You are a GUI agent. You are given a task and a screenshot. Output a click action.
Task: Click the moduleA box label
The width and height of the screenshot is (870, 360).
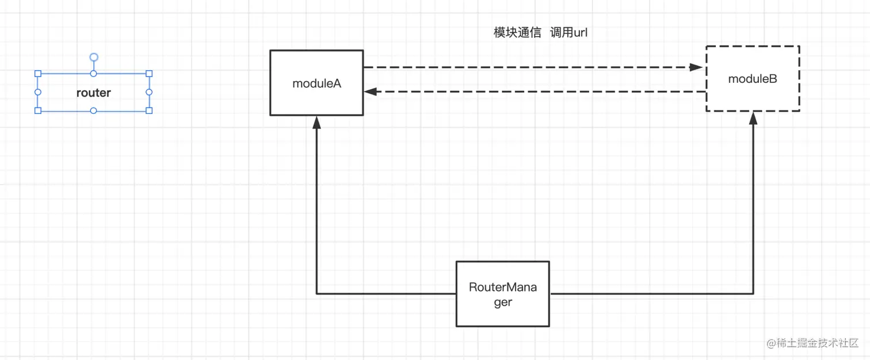click(x=316, y=83)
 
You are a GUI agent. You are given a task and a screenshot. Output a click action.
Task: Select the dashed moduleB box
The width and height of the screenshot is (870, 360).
click(x=753, y=79)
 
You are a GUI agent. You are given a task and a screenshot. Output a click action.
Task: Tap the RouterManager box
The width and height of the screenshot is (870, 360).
click(x=503, y=294)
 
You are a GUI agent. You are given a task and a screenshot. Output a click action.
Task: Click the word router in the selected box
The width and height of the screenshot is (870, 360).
click(x=93, y=93)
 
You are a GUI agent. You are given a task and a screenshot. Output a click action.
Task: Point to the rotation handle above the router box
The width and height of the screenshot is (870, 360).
click(x=94, y=57)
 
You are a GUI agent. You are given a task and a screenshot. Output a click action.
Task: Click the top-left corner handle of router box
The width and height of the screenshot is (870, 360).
click(x=38, y=74)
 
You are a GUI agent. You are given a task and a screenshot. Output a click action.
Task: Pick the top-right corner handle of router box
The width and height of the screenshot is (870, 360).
click(x=149, y=74)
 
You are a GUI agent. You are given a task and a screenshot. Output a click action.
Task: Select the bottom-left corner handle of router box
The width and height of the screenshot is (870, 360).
click(x=38, y=110)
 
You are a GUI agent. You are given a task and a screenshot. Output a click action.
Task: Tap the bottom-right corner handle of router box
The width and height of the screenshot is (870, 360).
click(x=149, y=110)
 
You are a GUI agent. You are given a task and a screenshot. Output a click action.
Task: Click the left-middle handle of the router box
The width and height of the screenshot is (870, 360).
click(x=38, y=92)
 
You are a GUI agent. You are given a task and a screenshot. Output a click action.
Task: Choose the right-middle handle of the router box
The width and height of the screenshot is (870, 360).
click(x=149, y=92)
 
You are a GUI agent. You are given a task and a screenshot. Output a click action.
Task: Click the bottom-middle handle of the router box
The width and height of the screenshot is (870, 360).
click(x=94, y=110)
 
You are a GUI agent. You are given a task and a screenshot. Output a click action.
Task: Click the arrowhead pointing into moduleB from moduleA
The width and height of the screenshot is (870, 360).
click(x=697, y=67)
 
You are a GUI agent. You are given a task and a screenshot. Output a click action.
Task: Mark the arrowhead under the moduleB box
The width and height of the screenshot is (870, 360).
click(x=753, y=118)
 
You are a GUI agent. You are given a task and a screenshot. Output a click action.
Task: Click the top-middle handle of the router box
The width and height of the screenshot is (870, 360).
click(x=94, y=74)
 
